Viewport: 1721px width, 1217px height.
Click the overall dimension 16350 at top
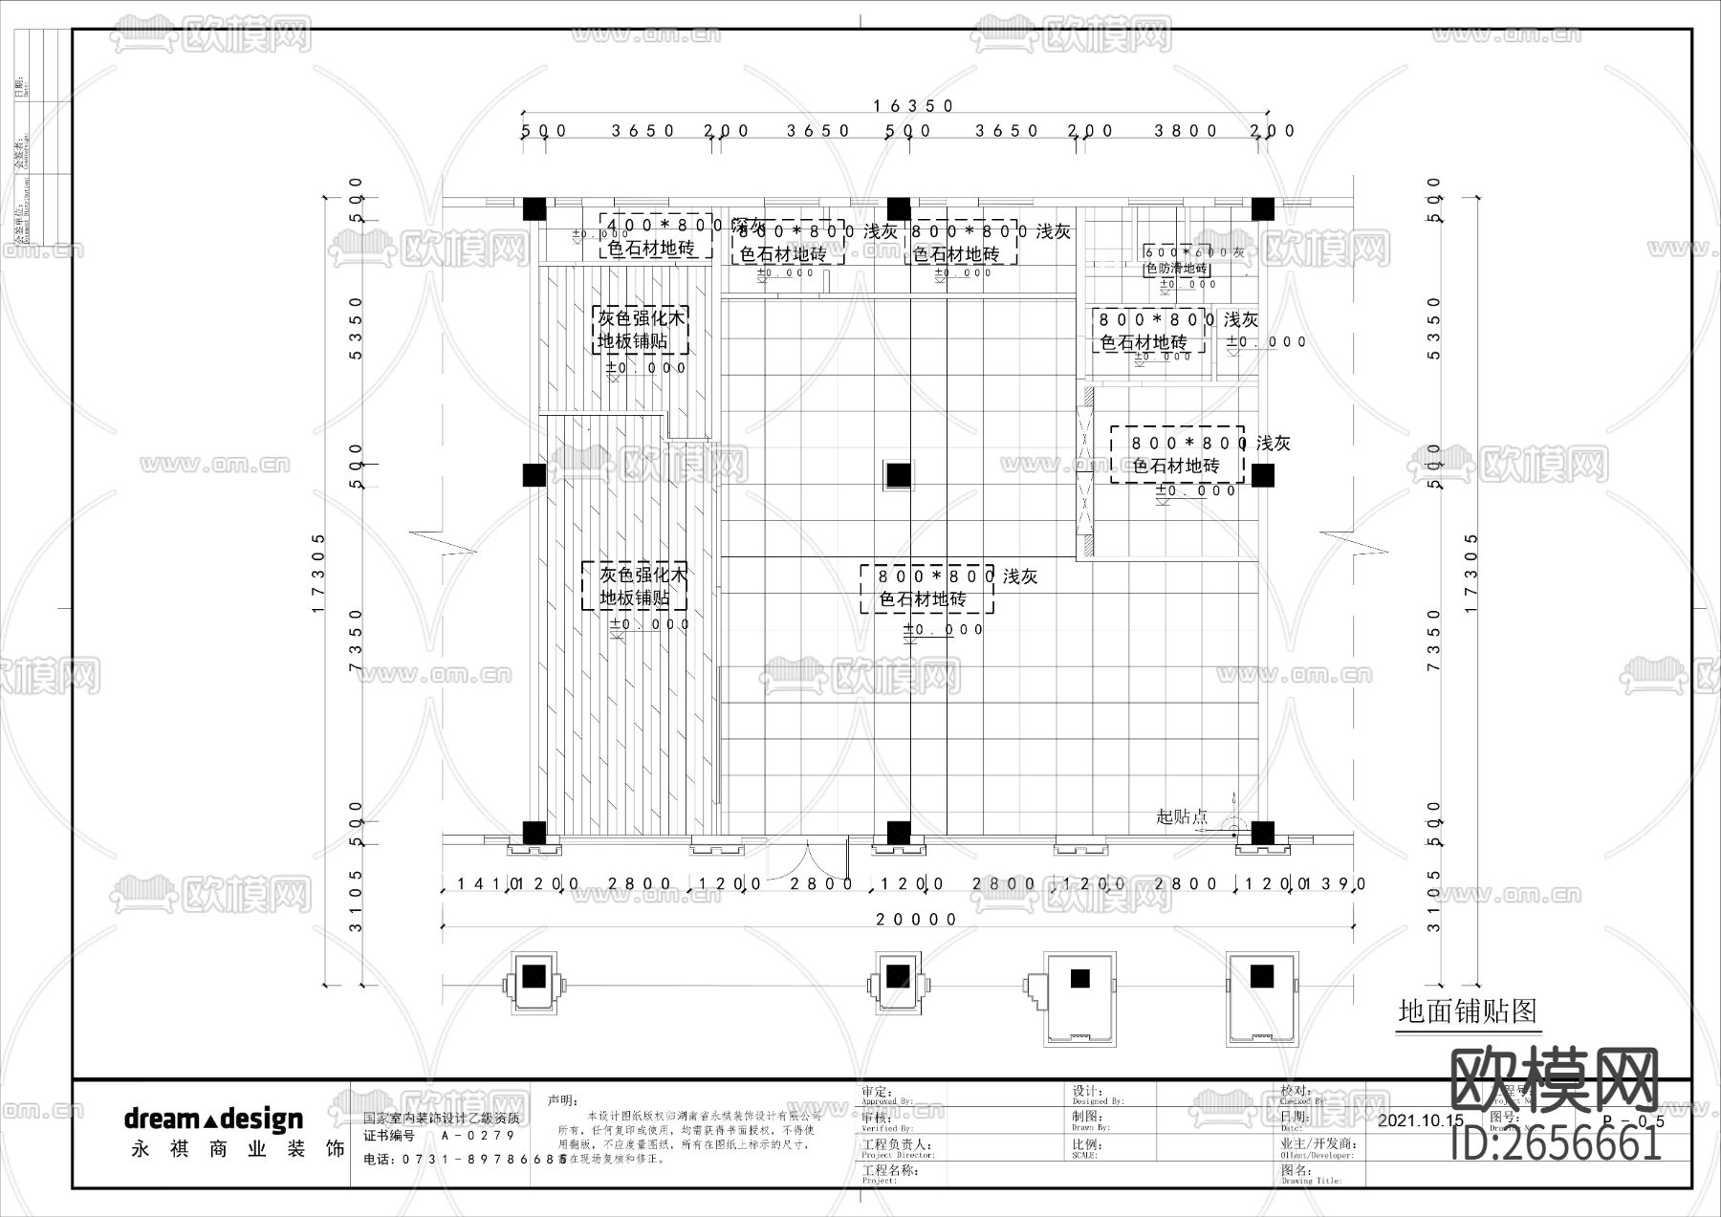tap(913, 106)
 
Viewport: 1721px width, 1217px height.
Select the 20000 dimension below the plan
tap(917, 920)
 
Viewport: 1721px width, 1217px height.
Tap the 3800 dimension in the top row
tap(1186, 131)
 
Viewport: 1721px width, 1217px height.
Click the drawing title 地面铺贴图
tap(1467, 1011)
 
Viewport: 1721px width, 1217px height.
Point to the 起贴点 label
tap(1182, 816)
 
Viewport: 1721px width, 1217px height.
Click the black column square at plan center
tap(898, 475)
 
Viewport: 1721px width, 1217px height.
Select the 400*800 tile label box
tap(656, 236)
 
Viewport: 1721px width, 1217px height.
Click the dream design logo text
tap(213, 1119)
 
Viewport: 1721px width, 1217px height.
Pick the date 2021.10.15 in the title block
tap(1421, 1120)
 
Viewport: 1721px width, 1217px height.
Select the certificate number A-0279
tap(478, 1136)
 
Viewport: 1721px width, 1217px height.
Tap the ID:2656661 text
tap(1556, 1143)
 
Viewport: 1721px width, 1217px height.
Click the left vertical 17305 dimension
tap(319, 574)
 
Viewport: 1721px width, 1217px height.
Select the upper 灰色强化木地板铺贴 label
tap(642, 330)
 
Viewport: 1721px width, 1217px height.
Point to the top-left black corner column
tap(534, 209)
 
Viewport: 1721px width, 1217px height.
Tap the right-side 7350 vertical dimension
tap(1432, 641)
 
